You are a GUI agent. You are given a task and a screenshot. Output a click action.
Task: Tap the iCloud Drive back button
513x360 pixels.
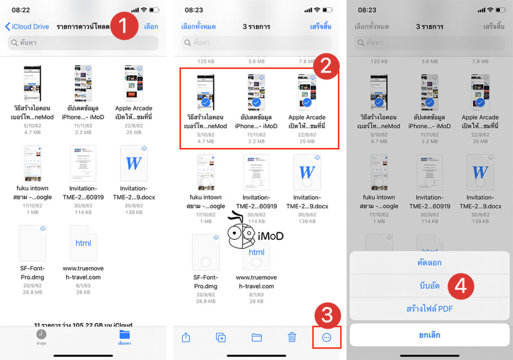(28, 27)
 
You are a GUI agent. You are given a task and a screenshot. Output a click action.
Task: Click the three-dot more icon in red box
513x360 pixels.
(327, 337)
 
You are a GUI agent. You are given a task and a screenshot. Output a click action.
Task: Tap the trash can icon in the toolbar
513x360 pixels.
(292, 337)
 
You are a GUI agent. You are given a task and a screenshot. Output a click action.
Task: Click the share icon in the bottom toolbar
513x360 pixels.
(186, 337)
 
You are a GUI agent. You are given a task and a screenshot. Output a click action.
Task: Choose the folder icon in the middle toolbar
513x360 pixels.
(257, 337)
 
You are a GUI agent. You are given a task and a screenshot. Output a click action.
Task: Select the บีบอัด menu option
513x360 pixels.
(429, 286)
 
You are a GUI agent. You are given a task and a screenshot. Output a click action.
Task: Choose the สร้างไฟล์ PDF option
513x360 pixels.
(429, 309)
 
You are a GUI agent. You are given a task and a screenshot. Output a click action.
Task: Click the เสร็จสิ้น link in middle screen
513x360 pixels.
(321, 27)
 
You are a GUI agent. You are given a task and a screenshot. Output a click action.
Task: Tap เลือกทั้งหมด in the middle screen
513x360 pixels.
(198, 27)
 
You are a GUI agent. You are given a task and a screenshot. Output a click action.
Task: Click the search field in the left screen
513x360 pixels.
(83, 43)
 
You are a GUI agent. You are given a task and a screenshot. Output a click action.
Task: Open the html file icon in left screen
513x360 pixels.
(83, 243)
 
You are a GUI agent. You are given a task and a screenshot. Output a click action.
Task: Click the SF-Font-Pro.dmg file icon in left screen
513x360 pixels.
(33, 243)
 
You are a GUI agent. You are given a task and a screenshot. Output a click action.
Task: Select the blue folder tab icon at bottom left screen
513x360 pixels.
(124, 334)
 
